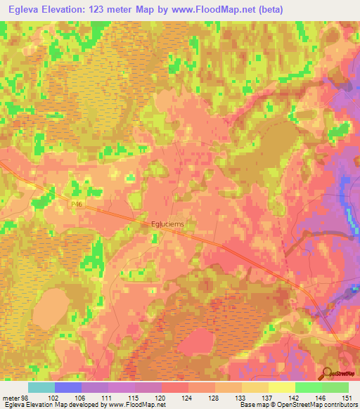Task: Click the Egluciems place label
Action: pyautogui.click(x=167, y=225)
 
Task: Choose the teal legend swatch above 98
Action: pyautogui.click(x=41, y=387)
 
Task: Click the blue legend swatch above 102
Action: pyautogui.click(x=67, y=387)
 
